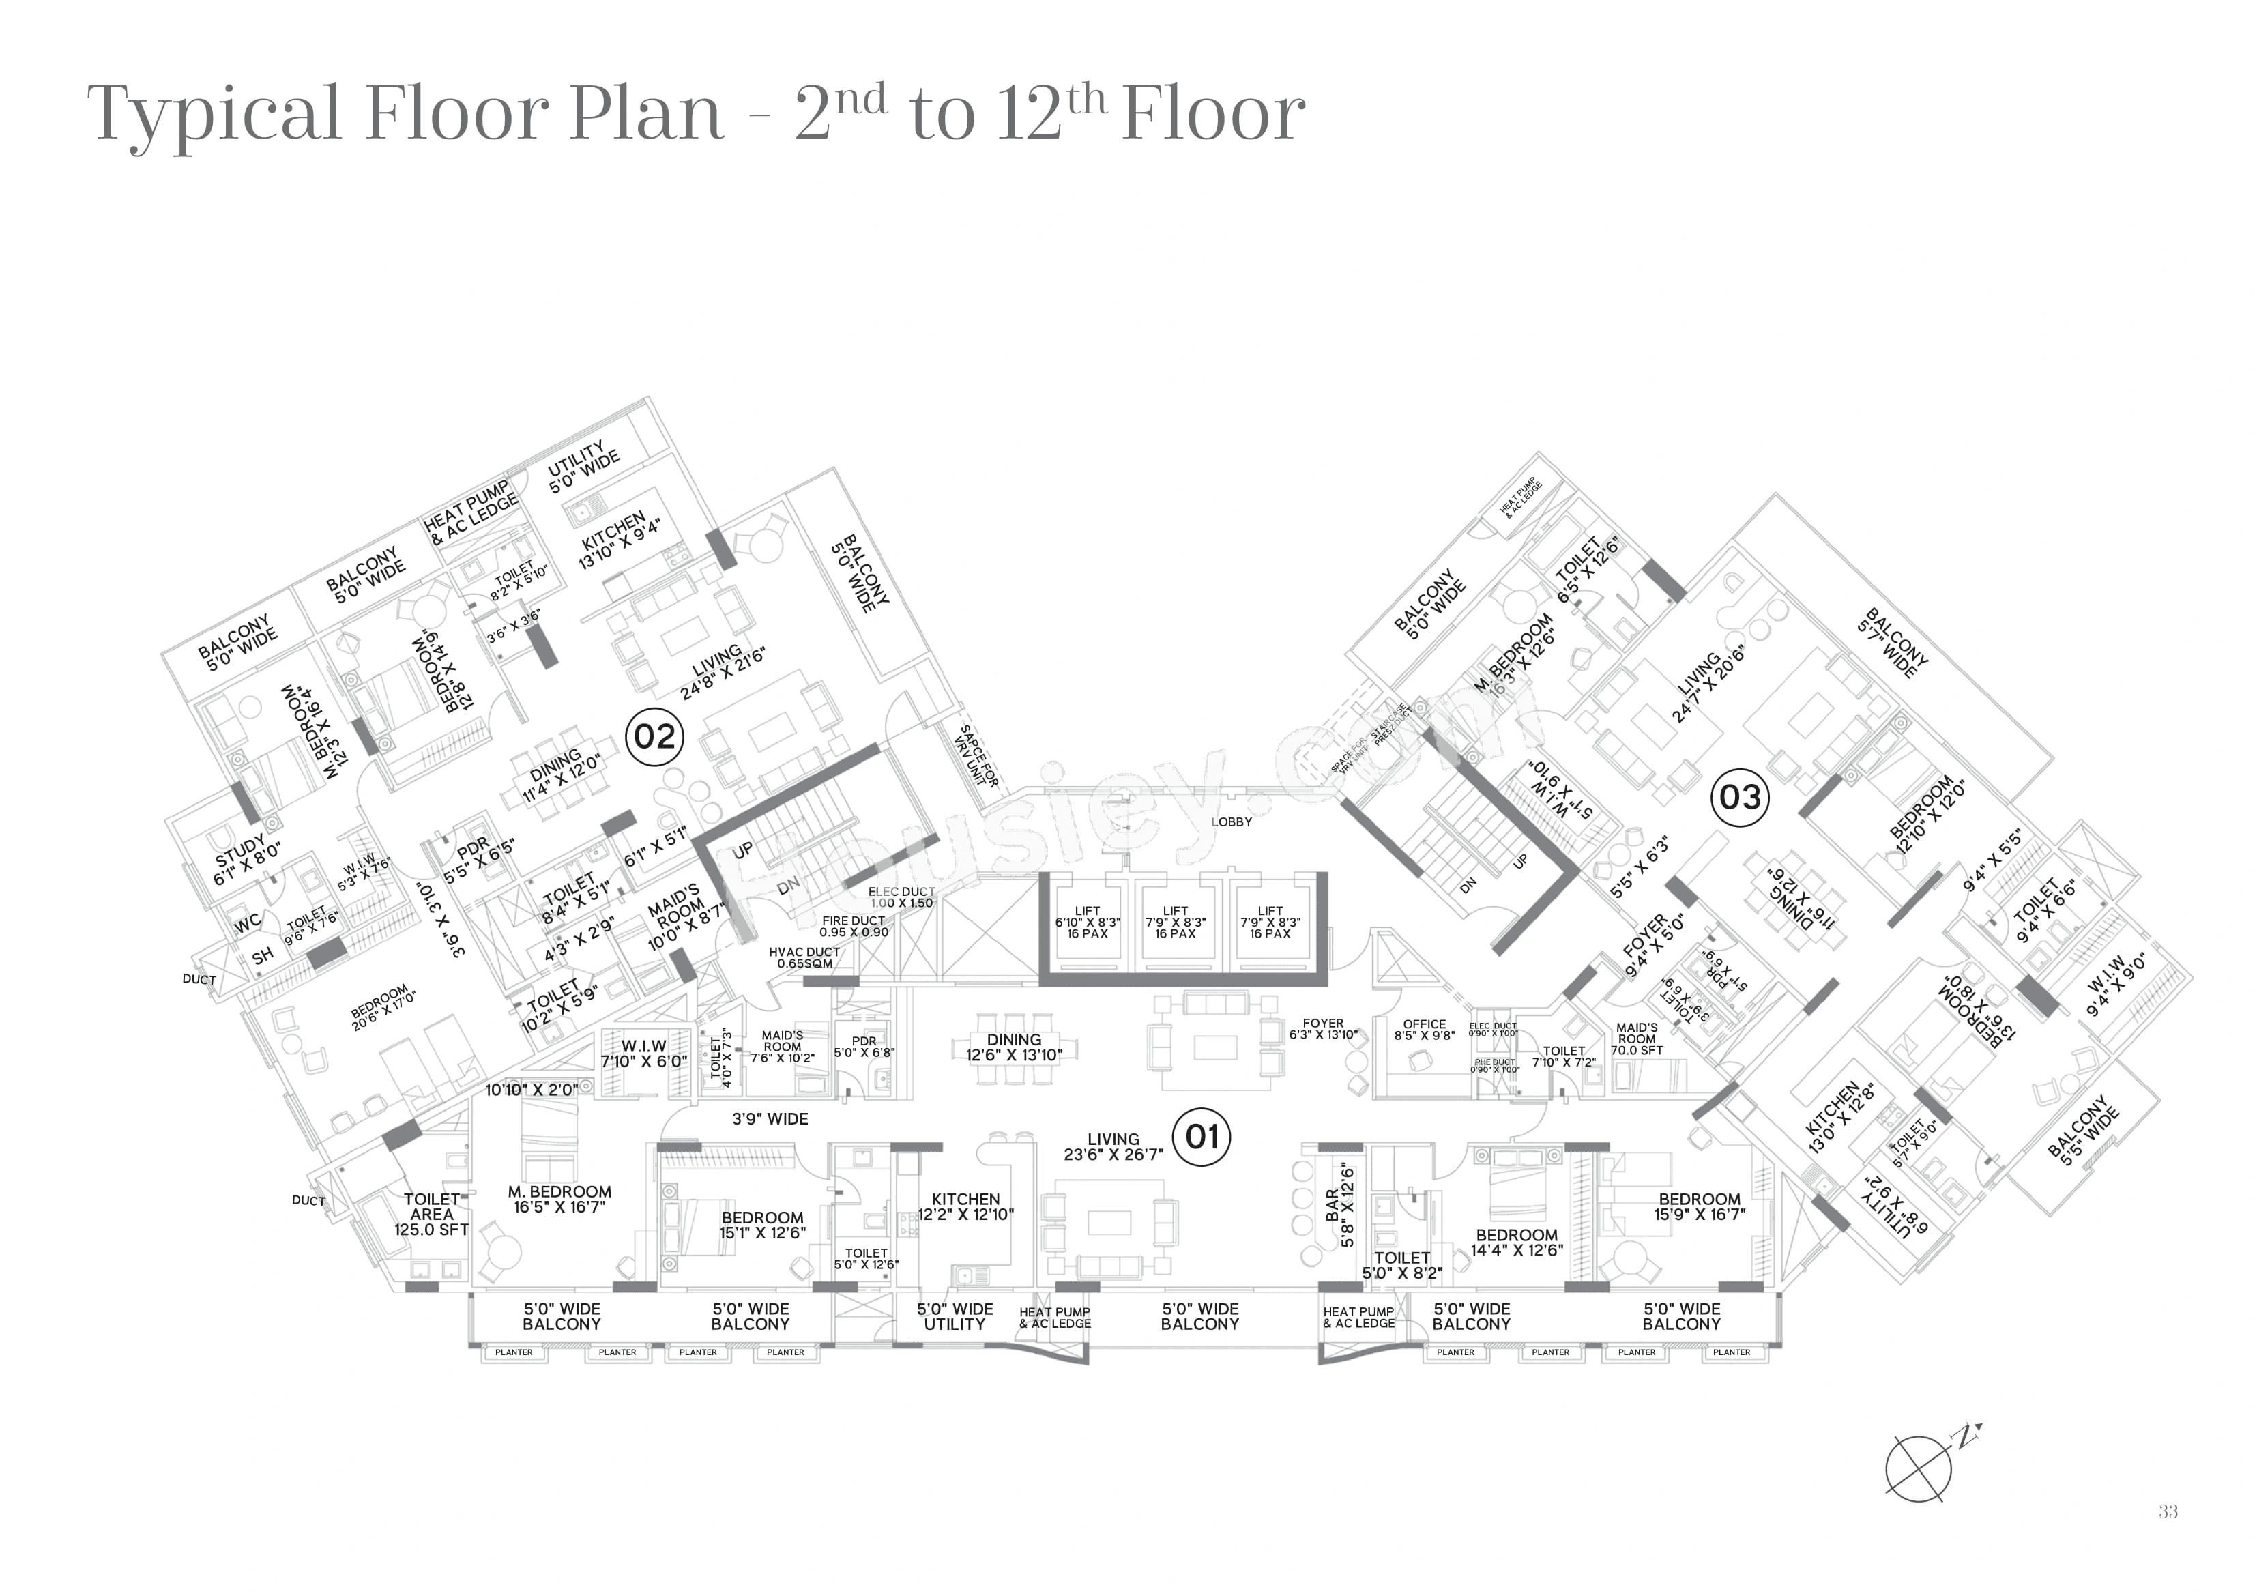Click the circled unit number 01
(1202, 1137)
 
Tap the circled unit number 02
(655, 736)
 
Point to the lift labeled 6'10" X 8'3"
(1087, 923)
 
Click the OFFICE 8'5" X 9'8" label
(1425, 1030)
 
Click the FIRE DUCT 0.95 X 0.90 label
(854, 927)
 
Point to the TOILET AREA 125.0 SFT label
(431, 1215)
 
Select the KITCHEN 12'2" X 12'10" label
(965, 1206)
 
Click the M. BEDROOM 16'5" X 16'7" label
(559, 1199)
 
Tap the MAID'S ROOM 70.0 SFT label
(1637, 1039)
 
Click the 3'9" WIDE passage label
(770, 1119)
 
